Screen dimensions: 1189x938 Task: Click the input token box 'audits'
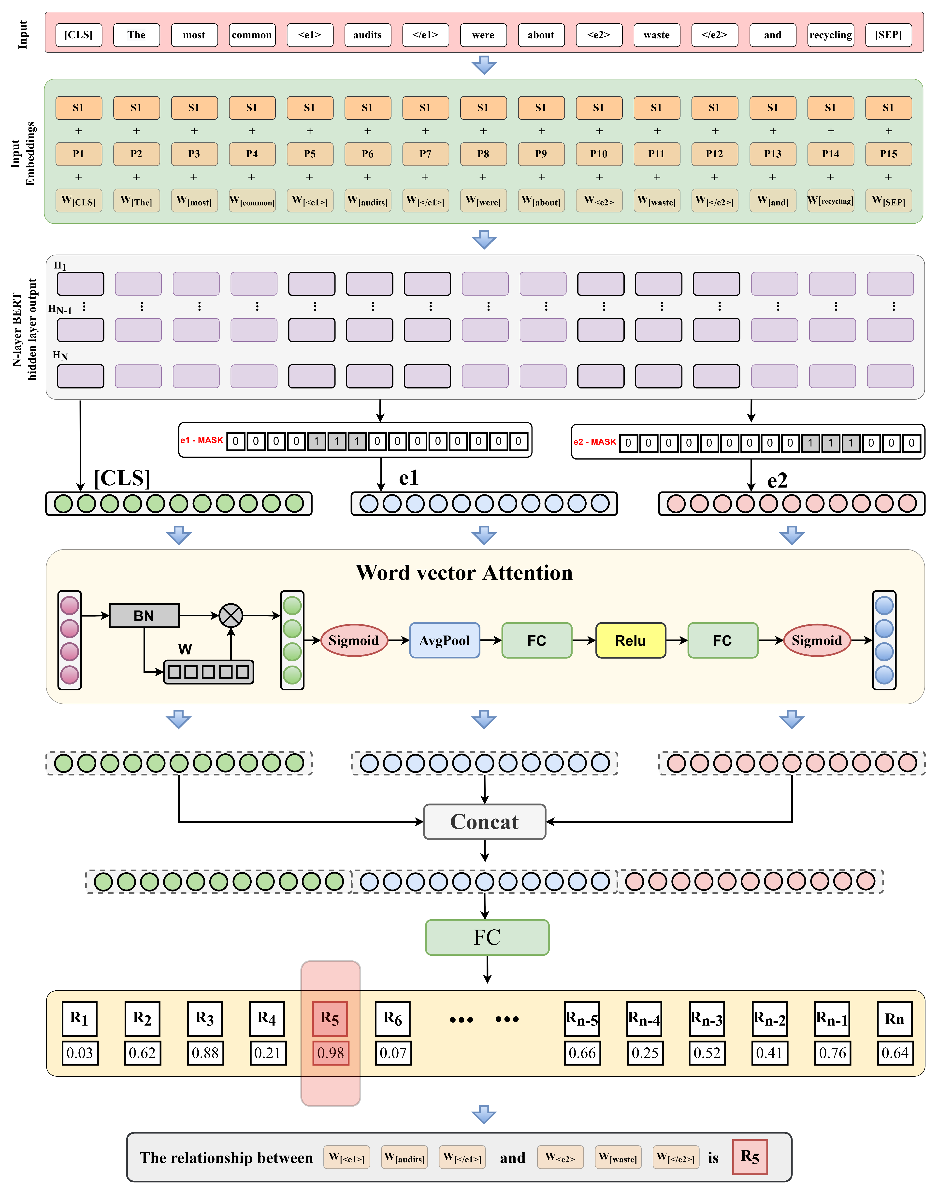367,35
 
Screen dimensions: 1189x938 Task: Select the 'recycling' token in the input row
830,35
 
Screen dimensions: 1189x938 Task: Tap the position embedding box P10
599,154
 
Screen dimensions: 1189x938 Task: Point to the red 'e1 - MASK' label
202,440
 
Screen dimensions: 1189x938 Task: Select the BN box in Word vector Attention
144,615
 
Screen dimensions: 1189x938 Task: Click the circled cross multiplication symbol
231,615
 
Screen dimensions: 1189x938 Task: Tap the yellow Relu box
631,640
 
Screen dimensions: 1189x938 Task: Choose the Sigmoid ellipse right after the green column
354,640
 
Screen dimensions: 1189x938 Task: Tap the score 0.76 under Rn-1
832,1053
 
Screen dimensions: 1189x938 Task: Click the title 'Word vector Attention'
464,573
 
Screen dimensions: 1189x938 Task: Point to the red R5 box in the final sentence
750,1157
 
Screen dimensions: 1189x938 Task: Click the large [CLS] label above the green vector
122,478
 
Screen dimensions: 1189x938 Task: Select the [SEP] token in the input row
888,35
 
